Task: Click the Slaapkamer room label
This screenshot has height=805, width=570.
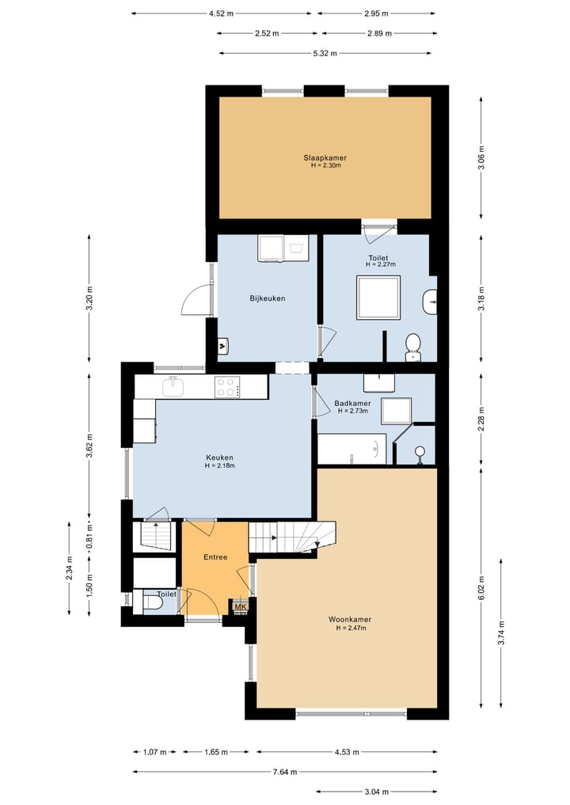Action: [x=325, y=158]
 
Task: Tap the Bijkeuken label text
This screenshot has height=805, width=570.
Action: [x=267, y=298]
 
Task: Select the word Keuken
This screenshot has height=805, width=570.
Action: [x=219, y=457]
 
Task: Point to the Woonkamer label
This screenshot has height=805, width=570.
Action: [x=350, y=619]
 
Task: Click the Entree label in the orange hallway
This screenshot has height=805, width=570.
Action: [x=215, y=557]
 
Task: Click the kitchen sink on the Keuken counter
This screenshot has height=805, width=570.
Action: [x=173, y=387]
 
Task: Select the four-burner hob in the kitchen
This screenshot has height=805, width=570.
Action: [x=226, y=387]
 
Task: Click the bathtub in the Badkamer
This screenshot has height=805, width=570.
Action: [x=352, y=449]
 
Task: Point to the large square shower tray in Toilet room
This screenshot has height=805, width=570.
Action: [x=378, y=297]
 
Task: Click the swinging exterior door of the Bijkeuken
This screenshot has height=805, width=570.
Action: [x=196, y=300]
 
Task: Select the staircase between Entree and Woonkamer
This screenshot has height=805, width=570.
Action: [x=291, y=537]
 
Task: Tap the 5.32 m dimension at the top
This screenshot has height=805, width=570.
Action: [x=325, y=53]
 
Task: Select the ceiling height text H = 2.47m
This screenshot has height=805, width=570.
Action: [x=350, y=628]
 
